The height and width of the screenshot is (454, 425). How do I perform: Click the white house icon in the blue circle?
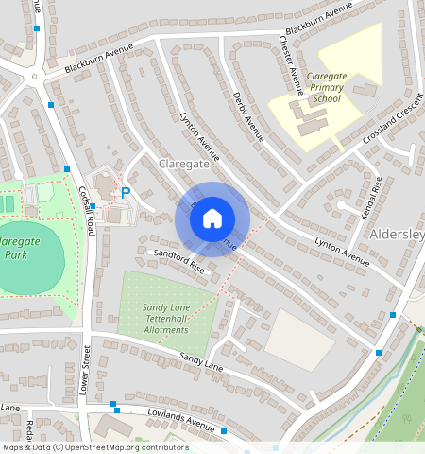[x=212, y=218]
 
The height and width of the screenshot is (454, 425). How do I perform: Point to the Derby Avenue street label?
[x=247, y=115]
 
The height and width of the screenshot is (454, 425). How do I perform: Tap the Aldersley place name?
[x=397, y=234]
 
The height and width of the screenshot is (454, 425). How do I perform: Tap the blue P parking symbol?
[x=125, y=193]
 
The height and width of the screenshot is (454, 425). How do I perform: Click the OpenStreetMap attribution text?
[x=95, y=447]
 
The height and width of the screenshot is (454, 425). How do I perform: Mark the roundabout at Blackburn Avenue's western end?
[x=34, y=78]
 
